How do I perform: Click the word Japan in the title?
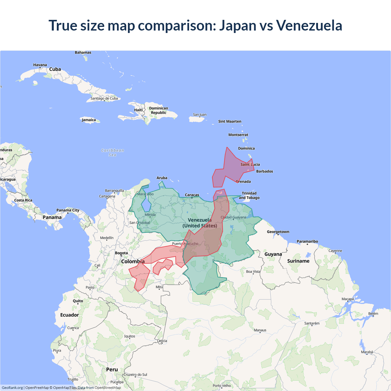[238, 25]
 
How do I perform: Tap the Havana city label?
[40, 65]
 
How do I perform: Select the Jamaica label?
[89, 120]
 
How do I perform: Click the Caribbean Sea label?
[112, 152]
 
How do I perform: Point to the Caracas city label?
[192, 195]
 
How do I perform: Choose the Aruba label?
[162, 178]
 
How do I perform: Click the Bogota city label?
[121, 253]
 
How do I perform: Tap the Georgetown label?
[278, 232]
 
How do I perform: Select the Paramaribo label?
[307, 241]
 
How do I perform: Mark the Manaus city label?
[260, 330]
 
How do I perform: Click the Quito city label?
[78, 301]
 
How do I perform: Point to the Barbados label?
[265, 171]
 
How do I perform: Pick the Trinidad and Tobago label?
[249, 195]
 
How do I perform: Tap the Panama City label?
[68, 210]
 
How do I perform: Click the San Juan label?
[199, 115]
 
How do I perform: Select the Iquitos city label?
[130, 336]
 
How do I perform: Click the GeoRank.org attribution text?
[12, 388]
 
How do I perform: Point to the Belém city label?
[373, 314]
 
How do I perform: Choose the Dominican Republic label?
[159, 110]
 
